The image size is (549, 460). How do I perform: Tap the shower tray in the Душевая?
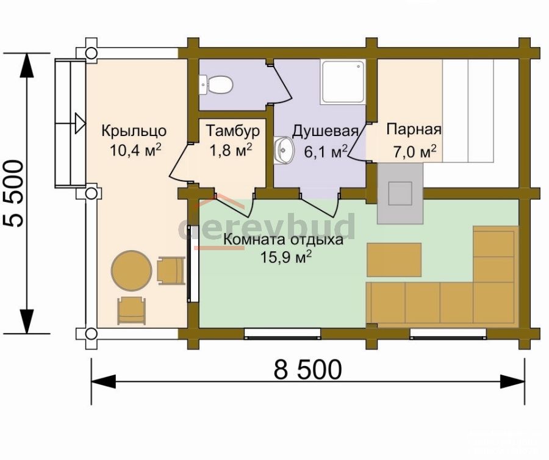343,82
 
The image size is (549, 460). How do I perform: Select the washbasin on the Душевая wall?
284,150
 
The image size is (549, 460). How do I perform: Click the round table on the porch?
132,270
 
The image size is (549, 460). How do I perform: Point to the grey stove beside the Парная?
400,193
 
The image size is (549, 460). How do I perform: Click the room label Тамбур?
233,131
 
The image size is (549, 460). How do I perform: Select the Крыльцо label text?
134,131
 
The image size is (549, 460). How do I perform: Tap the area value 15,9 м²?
285,257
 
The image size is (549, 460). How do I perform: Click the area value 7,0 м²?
415,151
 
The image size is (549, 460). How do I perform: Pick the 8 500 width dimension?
308,369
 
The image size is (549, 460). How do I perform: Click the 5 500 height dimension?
14,193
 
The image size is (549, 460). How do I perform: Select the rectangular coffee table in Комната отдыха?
394,260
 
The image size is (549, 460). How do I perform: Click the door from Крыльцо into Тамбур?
181,162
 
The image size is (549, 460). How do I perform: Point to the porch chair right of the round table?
171,270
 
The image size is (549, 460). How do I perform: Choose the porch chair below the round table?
132,311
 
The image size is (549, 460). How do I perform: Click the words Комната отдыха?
283,240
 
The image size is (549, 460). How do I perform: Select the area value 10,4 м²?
135,150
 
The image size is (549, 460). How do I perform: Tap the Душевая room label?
325,131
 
